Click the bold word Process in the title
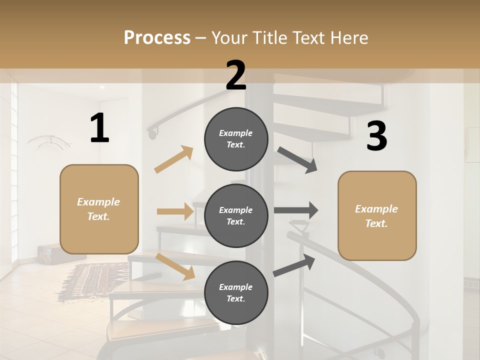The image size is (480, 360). [157, 37]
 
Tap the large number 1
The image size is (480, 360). [99, 128]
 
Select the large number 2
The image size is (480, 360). [236, 75]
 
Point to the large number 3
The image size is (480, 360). [376, 136]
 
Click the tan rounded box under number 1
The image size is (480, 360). [99, 209]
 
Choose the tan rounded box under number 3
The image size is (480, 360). [377, 215]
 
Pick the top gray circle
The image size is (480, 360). [236, 139]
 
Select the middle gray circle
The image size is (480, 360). [236, 215]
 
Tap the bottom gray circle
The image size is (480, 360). [236, 292]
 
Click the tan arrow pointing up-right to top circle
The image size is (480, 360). [174, 159]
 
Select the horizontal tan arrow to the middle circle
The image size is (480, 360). [175, 211]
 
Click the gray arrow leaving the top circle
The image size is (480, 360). [298, 160]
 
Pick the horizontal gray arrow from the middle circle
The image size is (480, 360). [296, 210]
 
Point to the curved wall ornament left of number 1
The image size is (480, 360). [50, 141]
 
